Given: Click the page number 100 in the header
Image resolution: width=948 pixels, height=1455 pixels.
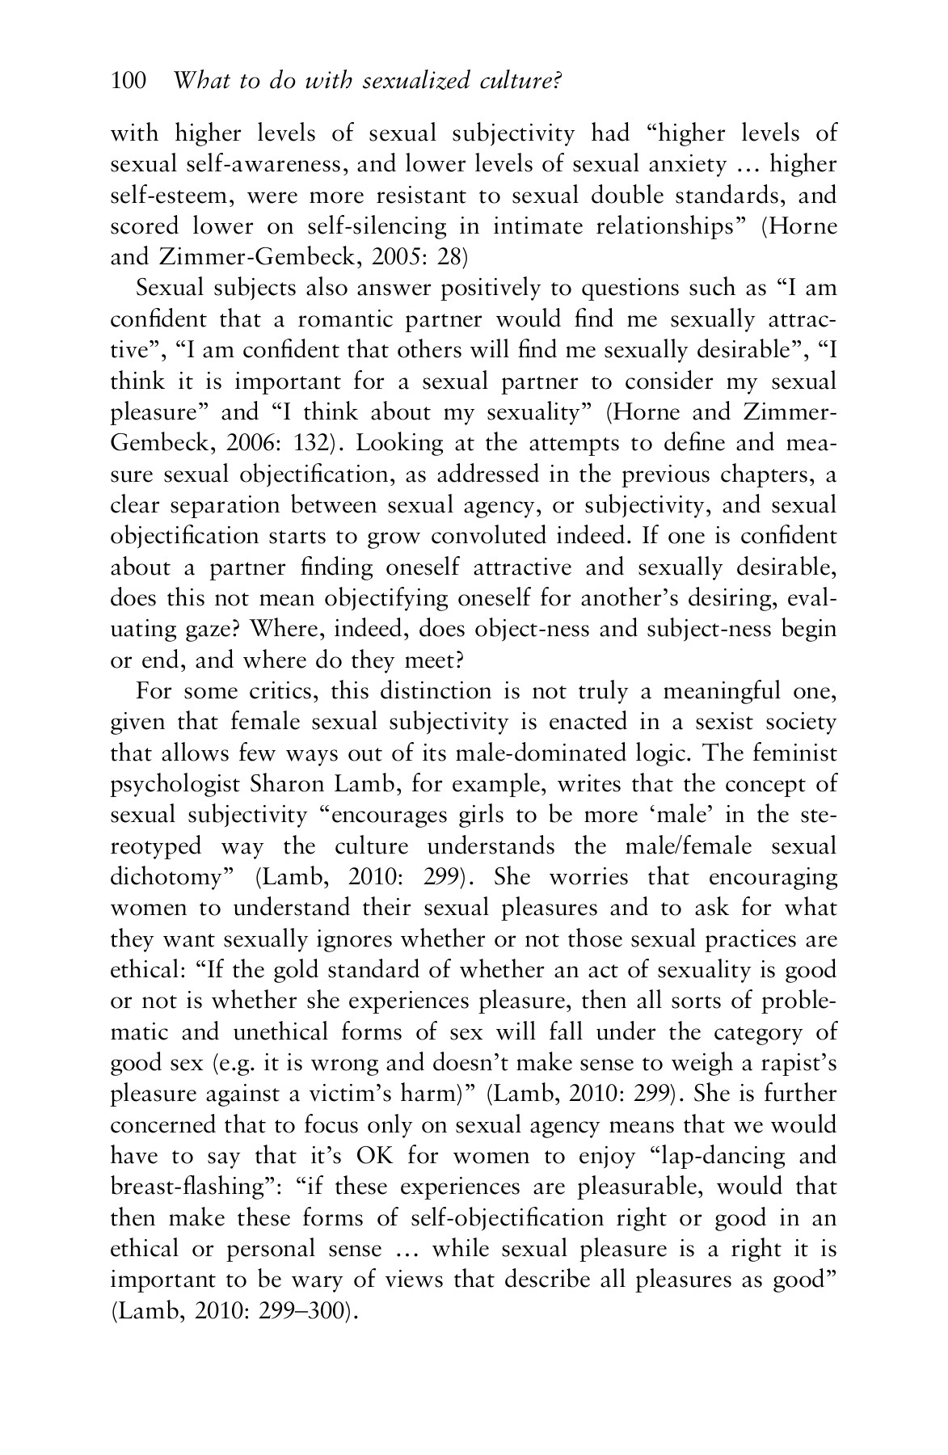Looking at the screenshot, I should (128, 81).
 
